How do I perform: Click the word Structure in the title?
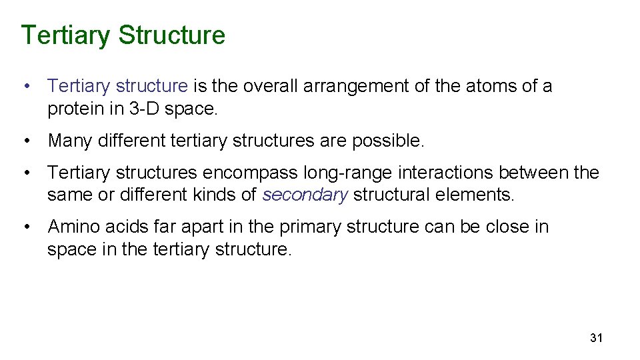pos(172,35)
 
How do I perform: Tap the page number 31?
pos(596,338)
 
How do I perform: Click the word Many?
pos(71,141)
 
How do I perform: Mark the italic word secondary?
pos(305,195)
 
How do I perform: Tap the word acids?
pos(127,227)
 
